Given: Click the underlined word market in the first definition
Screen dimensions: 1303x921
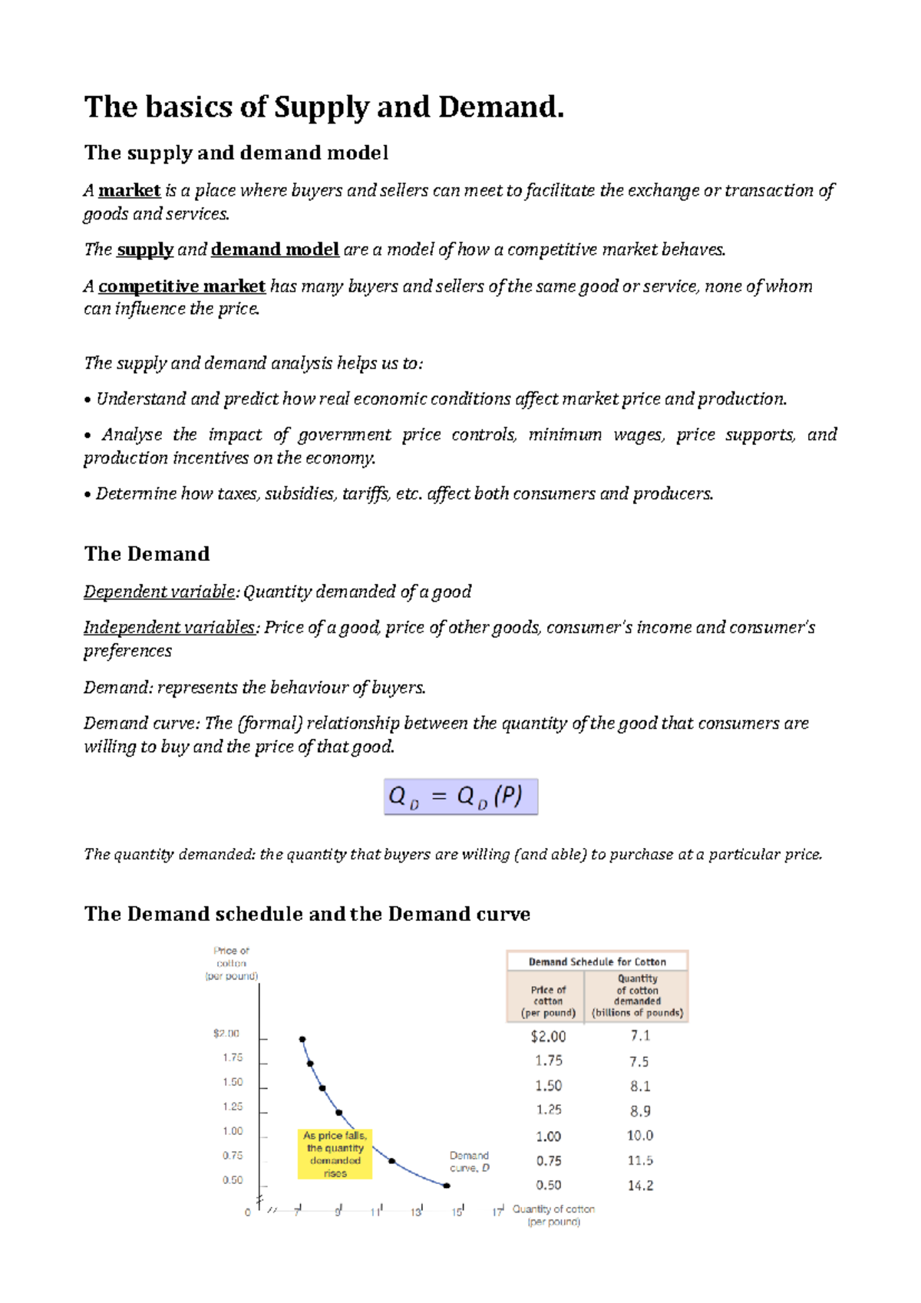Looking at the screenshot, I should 129,190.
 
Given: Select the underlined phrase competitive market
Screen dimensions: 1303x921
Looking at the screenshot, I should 181,286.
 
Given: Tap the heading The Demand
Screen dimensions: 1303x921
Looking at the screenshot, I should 147,554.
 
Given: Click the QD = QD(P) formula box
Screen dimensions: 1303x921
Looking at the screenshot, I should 460,797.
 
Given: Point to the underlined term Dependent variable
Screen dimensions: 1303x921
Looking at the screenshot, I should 160,592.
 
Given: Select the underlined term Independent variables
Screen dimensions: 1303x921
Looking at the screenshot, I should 170,628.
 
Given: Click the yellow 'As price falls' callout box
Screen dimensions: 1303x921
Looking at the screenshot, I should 335,1153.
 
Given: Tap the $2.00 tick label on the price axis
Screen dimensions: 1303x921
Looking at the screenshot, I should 226,1034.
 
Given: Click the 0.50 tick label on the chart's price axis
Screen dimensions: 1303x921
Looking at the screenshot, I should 233,1180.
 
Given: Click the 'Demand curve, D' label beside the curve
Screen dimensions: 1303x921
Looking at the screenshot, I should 469,1161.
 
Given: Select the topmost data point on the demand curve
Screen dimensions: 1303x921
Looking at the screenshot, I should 302,1040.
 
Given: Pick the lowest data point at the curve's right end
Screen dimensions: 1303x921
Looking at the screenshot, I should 447,1186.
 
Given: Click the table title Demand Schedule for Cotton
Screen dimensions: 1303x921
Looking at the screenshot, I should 597,962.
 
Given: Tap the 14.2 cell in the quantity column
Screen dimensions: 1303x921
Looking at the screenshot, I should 640,1186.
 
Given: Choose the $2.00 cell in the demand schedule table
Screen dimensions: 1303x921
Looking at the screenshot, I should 548,1037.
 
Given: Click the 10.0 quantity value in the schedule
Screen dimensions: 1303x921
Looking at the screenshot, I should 640,1136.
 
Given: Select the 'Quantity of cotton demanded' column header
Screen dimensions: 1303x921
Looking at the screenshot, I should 637,995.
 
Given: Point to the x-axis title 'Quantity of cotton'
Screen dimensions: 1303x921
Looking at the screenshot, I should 553,1209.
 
